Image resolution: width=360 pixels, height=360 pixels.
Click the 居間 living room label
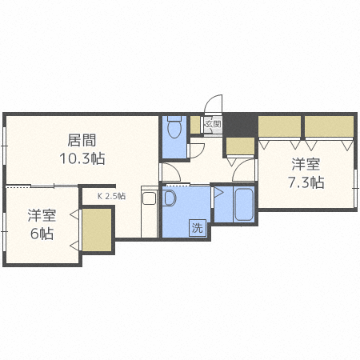click(x=78, y=138)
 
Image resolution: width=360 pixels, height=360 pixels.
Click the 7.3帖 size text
click(x=306, y=182)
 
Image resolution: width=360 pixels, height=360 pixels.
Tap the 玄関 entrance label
click(x=212, y=124)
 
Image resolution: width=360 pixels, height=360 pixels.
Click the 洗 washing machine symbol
click(x=197, y=227)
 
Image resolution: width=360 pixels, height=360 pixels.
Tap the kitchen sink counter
click(x=149, y=212)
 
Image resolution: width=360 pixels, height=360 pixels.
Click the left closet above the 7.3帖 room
click(x=279, y=126)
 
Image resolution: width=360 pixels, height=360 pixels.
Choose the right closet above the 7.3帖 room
click(x=329, y=126)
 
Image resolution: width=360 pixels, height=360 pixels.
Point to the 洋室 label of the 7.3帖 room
click(x=306, y=165)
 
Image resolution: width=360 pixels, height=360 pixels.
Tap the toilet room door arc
click(x=195, y=150)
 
